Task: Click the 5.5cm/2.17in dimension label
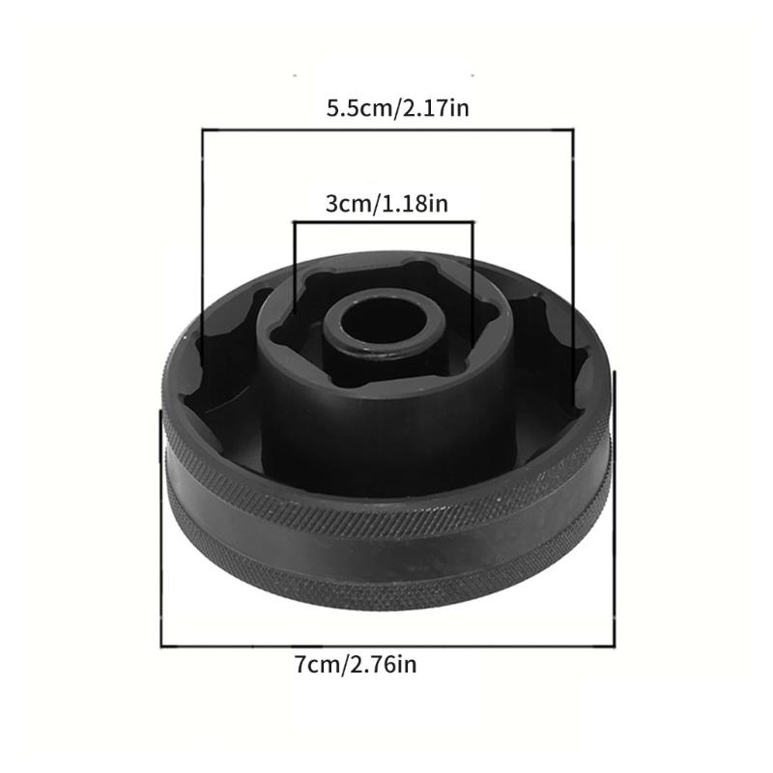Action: coord(397,107)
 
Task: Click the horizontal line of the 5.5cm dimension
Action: coord(386,129)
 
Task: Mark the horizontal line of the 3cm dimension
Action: coord(384,222)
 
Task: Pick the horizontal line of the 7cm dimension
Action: coord(386,644)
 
